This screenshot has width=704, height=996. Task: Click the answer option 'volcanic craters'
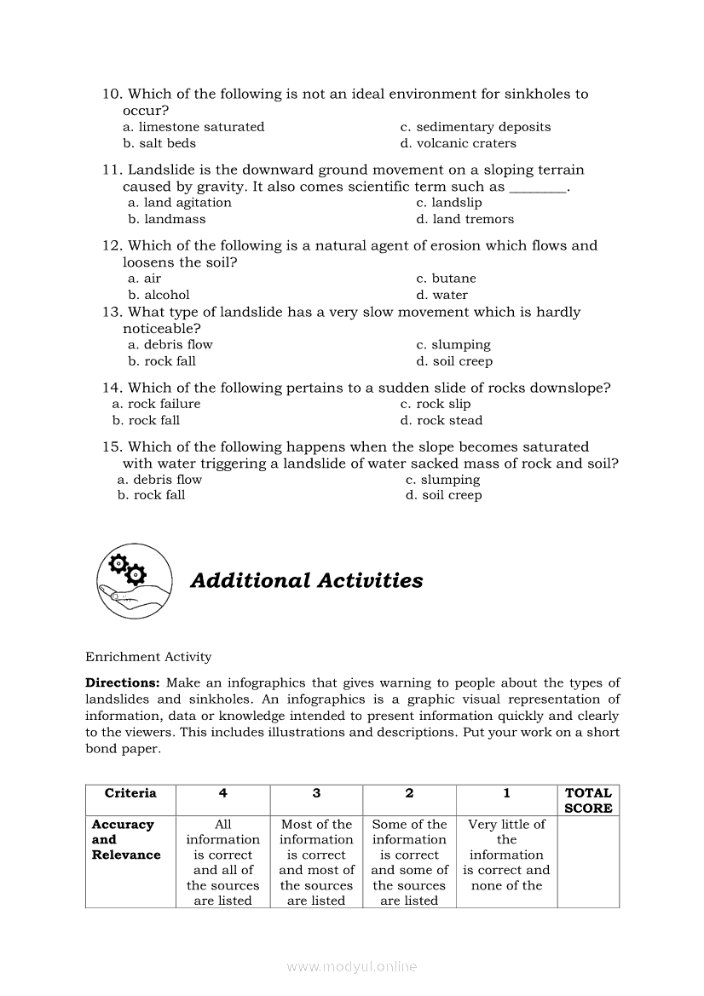(x=465, y=143)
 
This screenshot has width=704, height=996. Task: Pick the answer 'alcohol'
(x=159, y=295)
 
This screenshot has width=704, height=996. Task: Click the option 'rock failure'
(x=157, y=404)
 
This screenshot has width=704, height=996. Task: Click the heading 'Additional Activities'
(x=306, y=581)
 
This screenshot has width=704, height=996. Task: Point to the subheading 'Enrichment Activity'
(x=148, y=657)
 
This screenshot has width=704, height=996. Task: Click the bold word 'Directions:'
(x=123, y=683)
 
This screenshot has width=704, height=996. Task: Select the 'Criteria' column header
(x=130, y=793)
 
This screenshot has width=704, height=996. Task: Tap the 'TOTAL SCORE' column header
(x=588, y=801)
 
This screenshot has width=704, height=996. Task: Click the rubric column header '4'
(x=223, y=793)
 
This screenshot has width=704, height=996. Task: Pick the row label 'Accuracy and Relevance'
(x=126, y=840)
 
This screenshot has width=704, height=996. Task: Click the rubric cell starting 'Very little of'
(x=506, y=855)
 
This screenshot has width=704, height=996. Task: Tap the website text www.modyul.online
(x=352, y=966)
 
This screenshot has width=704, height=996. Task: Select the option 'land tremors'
(x=465, y=219)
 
